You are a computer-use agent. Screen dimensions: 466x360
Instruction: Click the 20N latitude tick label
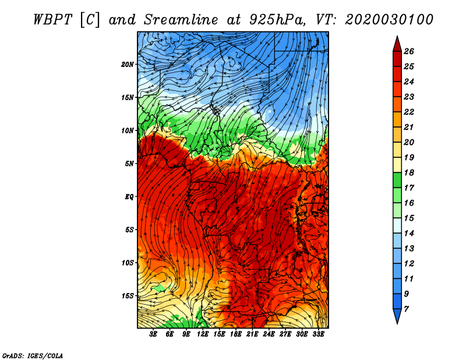128,65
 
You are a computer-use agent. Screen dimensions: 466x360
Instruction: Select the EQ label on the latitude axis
129,197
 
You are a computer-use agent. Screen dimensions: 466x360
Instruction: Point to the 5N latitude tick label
129,164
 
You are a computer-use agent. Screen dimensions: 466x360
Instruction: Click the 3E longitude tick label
153,334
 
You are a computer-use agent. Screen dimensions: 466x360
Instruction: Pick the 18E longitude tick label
236,334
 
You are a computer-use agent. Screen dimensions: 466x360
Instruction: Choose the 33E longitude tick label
318,334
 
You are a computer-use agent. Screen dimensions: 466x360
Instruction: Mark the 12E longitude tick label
203,334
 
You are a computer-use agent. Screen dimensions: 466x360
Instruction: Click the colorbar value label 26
409,51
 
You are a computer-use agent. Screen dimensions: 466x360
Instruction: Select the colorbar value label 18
409,172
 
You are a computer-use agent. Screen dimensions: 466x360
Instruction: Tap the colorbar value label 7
406,309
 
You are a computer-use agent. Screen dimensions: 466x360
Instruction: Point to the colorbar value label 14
409,234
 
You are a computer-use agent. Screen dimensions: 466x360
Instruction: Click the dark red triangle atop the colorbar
397,45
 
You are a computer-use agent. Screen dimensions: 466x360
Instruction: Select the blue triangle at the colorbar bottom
397,315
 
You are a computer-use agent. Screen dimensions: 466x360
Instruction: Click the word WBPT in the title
52,20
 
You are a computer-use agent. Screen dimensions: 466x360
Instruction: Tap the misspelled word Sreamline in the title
181,20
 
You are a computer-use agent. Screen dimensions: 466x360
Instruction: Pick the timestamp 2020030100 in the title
389,20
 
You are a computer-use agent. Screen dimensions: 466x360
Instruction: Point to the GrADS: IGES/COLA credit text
33,355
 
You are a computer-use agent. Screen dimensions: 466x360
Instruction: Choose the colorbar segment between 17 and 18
397,180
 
